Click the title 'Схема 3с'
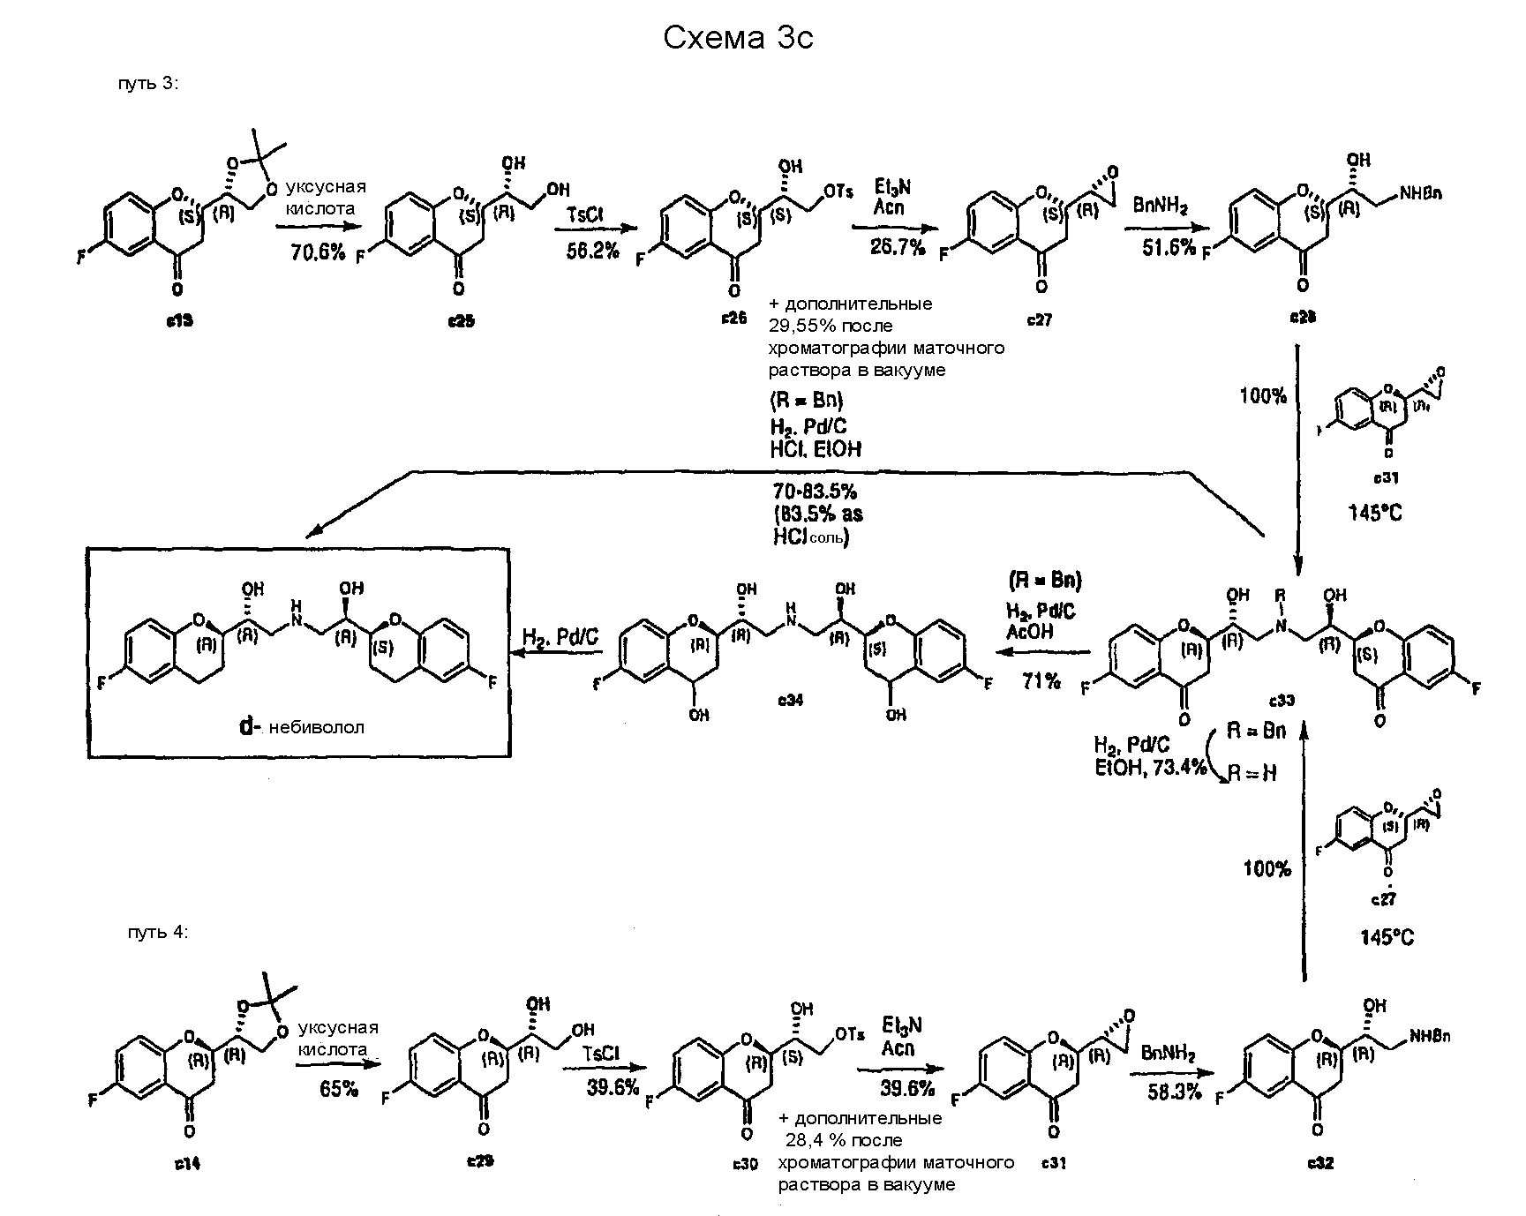coord(737,37)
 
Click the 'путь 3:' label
coord(148,84)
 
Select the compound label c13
coord(179,321)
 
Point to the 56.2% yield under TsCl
coord(592,251)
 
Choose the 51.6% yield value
coord(1169,248)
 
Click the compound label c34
coord(790,699)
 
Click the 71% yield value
coord(1041,680)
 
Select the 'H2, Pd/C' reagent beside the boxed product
coord(560,638)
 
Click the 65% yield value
coord(340,1088)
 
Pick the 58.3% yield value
coord(1175,1092)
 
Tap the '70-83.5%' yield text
coord(815,491)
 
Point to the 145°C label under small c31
coord(1374,513)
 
